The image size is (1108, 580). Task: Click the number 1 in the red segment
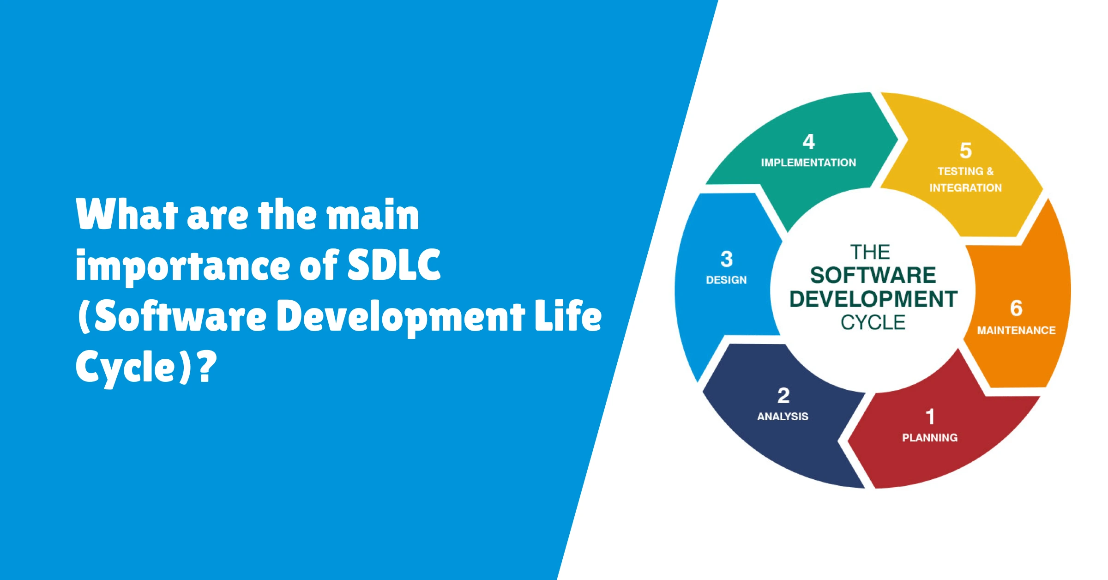tap(930, 417)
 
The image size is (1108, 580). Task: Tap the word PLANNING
tap(930, 437)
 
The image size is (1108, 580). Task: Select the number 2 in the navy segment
tap(783, 395)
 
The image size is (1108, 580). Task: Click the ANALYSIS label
tap(783, 416)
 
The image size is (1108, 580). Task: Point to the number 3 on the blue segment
tap(727, 259)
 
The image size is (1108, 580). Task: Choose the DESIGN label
tap(726, 280)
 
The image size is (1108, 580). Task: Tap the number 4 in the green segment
tap(809, 142)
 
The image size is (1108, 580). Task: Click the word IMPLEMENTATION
tap(808, 163)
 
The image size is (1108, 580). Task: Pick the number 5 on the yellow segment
tap(966, 151)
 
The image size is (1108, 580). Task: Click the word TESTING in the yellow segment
tap(960, 171)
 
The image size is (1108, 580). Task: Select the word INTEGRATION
tap(965, 188)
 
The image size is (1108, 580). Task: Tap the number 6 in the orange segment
tap(1016, 308)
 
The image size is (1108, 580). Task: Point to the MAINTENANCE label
tap(1016, 330)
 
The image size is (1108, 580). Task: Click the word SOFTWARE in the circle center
tap(873, 275)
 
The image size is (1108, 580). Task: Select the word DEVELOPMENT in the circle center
tap(873, 299)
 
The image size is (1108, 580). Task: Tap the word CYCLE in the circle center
tap(873, 322)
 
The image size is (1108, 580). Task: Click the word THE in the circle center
tap(870, 252)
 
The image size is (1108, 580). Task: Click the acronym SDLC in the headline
tap(394, 265)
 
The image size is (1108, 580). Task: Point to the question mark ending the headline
tap(207, 366)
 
